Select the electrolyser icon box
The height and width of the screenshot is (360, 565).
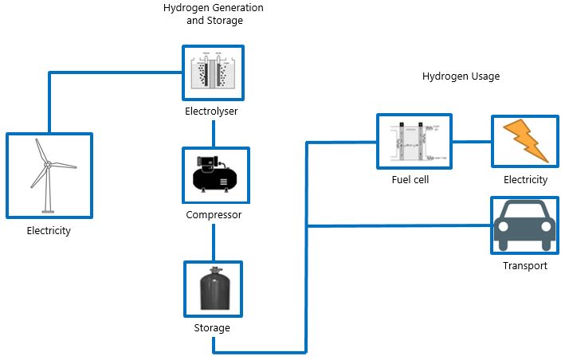(x=212, y=72)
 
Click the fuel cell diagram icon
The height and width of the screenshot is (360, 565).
(x=414, y=141)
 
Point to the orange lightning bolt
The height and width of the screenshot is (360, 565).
(x=525, y=141)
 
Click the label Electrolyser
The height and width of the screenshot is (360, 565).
(x=211, y=112)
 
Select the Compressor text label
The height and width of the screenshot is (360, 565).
(x=213, y=215)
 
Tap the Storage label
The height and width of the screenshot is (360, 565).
(x=212, y=328)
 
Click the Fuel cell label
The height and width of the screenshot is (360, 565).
(x=411, y=180)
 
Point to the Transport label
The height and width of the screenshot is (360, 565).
(x=525, y=265)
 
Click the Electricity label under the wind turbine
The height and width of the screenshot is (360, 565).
(x=49, y=232)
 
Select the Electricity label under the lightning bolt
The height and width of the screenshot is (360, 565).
(x=525, y=180)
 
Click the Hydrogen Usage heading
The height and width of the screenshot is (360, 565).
(x=461, y=76)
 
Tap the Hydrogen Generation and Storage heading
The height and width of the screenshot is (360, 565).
(x=213, y=14)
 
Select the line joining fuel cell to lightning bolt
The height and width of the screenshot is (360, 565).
(x=471, y=142)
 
